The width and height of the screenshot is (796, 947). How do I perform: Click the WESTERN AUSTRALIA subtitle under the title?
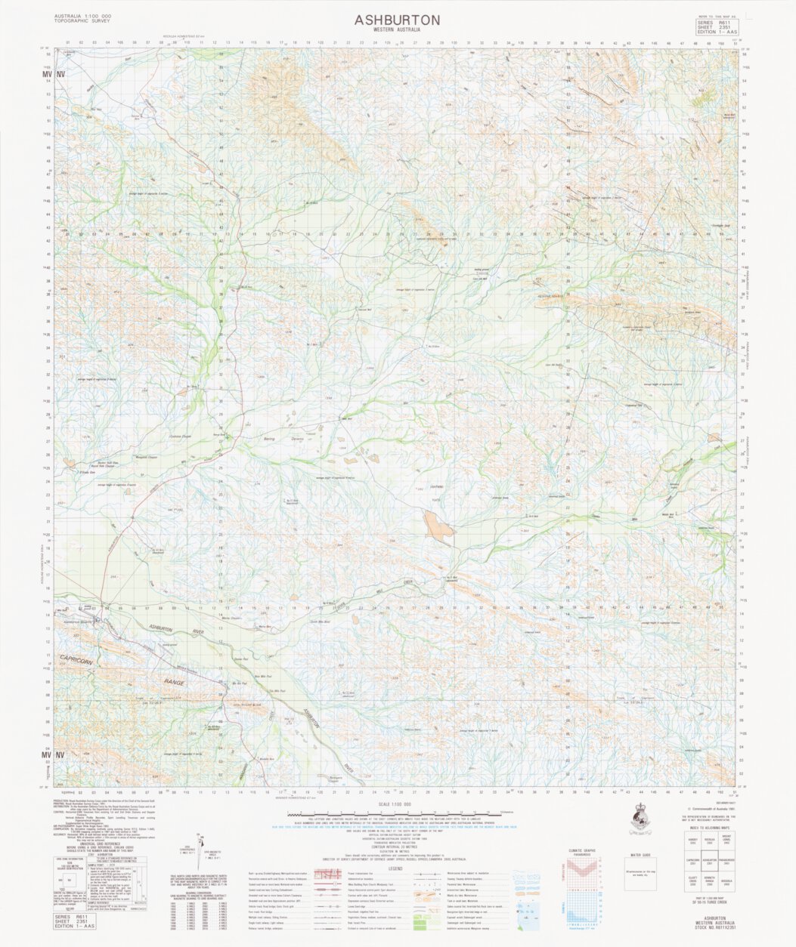coord(397,30)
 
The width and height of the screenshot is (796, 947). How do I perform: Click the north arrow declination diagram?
coord(200,850)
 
